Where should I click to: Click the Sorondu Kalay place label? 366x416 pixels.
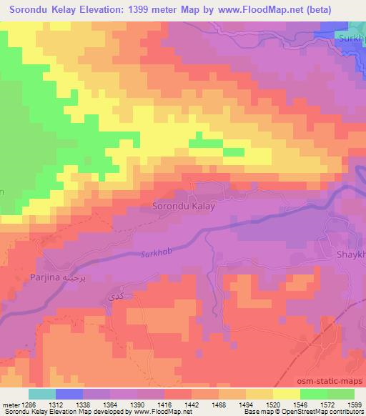coord(184,205)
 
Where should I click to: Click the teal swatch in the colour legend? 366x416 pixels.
coord(41,394)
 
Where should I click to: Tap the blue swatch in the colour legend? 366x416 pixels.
coord(69,394)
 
